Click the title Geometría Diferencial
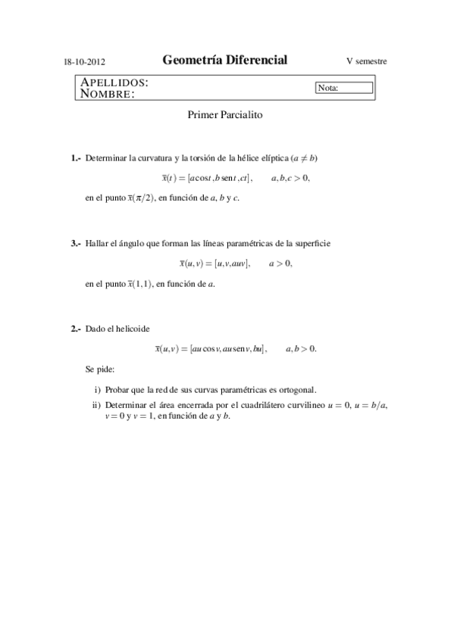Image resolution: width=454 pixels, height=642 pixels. pos(225,61)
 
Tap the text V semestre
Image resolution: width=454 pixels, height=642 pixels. pos(367,61)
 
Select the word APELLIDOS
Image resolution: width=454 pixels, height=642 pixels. pos(114,82)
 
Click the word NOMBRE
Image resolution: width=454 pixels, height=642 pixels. pos(108,94)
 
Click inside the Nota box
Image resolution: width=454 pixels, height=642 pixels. pos(345,88)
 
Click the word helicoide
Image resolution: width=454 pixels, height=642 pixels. pos(133,329)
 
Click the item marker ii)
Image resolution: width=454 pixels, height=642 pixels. pos(96,404)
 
